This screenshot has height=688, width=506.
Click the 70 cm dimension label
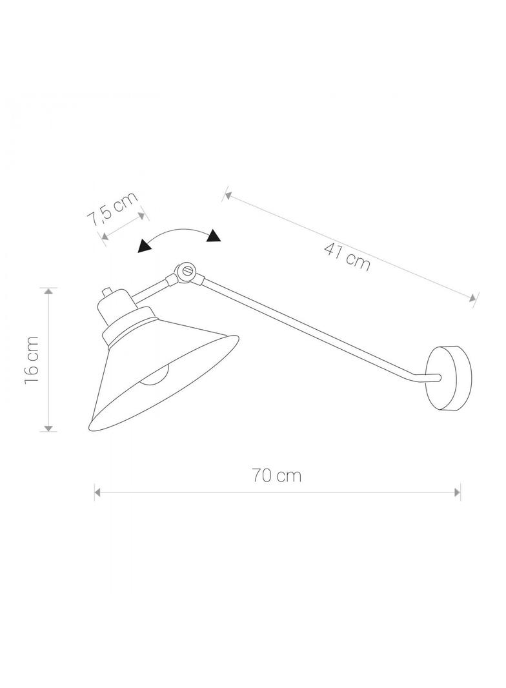tap(276, 476)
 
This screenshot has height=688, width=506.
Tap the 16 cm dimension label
tap(32, 359)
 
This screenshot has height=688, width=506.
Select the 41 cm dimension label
tap(347, 256)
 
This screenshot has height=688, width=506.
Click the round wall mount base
tap(449, 378)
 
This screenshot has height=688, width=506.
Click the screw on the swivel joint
tap(188, 270)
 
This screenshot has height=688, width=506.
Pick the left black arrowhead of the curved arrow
tap(145, 246)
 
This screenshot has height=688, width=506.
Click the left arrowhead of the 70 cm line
tap(98, 492)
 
